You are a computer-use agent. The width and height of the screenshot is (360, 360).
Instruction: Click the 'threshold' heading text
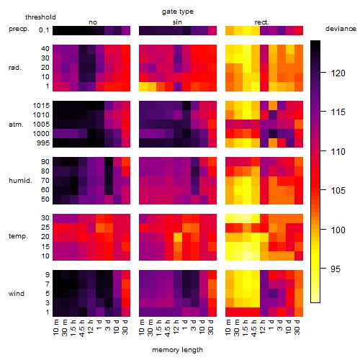[40, 17]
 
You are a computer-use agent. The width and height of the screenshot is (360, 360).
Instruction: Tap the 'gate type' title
[178, 12]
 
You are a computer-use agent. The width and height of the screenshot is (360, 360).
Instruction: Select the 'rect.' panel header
[262, 22]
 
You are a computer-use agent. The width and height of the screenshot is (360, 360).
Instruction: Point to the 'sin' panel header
[177, 22]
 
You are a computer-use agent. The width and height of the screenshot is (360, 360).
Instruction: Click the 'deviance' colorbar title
[341, 29]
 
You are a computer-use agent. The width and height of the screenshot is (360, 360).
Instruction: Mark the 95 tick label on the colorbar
[336, 269]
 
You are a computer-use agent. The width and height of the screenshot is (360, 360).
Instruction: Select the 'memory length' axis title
[177, 350]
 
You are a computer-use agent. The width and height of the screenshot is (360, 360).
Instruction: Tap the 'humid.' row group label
[20, 181]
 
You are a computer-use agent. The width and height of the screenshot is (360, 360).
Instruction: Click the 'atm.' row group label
[16, 125]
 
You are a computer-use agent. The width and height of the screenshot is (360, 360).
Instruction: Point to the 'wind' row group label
[17, 294]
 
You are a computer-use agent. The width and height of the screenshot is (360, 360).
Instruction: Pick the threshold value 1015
[41, 106]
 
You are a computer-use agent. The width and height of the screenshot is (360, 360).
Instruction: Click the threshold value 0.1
[44, 30]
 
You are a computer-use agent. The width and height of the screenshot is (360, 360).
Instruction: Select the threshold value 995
[43, 143]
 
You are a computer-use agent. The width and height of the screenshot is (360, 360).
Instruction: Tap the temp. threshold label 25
[45, 228]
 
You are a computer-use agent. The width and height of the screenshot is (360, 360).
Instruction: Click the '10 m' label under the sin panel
[142, 328]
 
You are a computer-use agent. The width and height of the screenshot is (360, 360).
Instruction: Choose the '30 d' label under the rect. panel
[297, 328]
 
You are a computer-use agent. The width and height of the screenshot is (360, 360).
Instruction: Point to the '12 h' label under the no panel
[90, 327]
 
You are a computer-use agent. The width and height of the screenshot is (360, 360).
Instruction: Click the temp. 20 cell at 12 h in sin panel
[178, 237]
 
